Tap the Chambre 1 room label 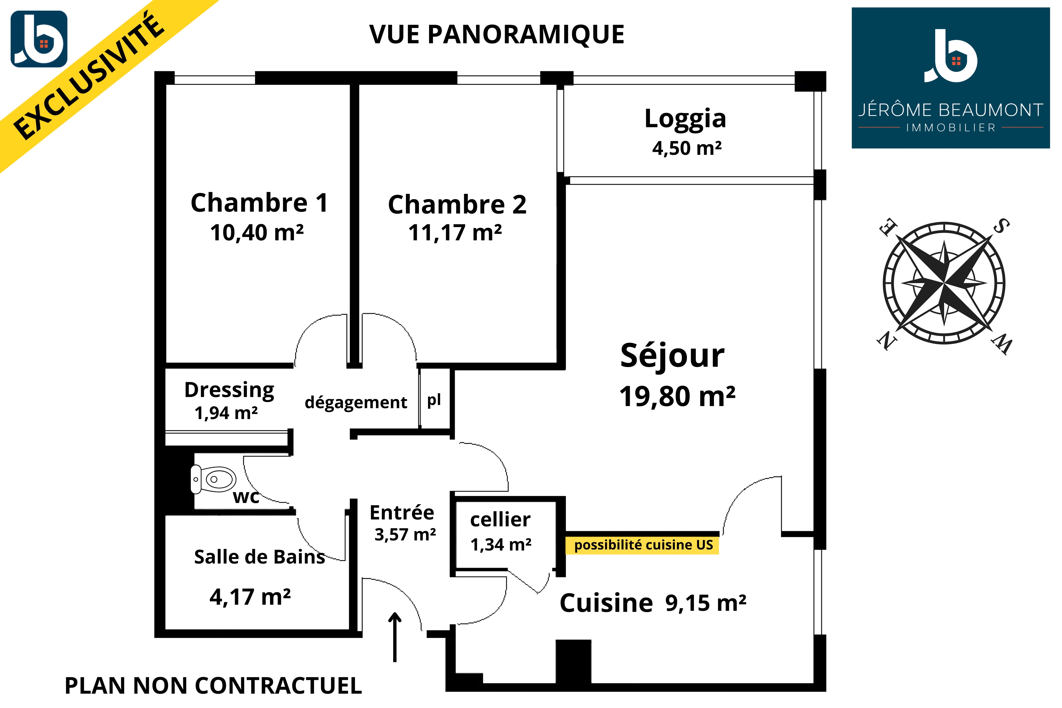[259, 202]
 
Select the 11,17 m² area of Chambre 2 [455, 233]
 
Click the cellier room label [500, 520]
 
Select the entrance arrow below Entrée [395, 637]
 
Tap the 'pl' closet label [434, 400]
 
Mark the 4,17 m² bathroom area [250, 597]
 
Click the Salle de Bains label [259, 557]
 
